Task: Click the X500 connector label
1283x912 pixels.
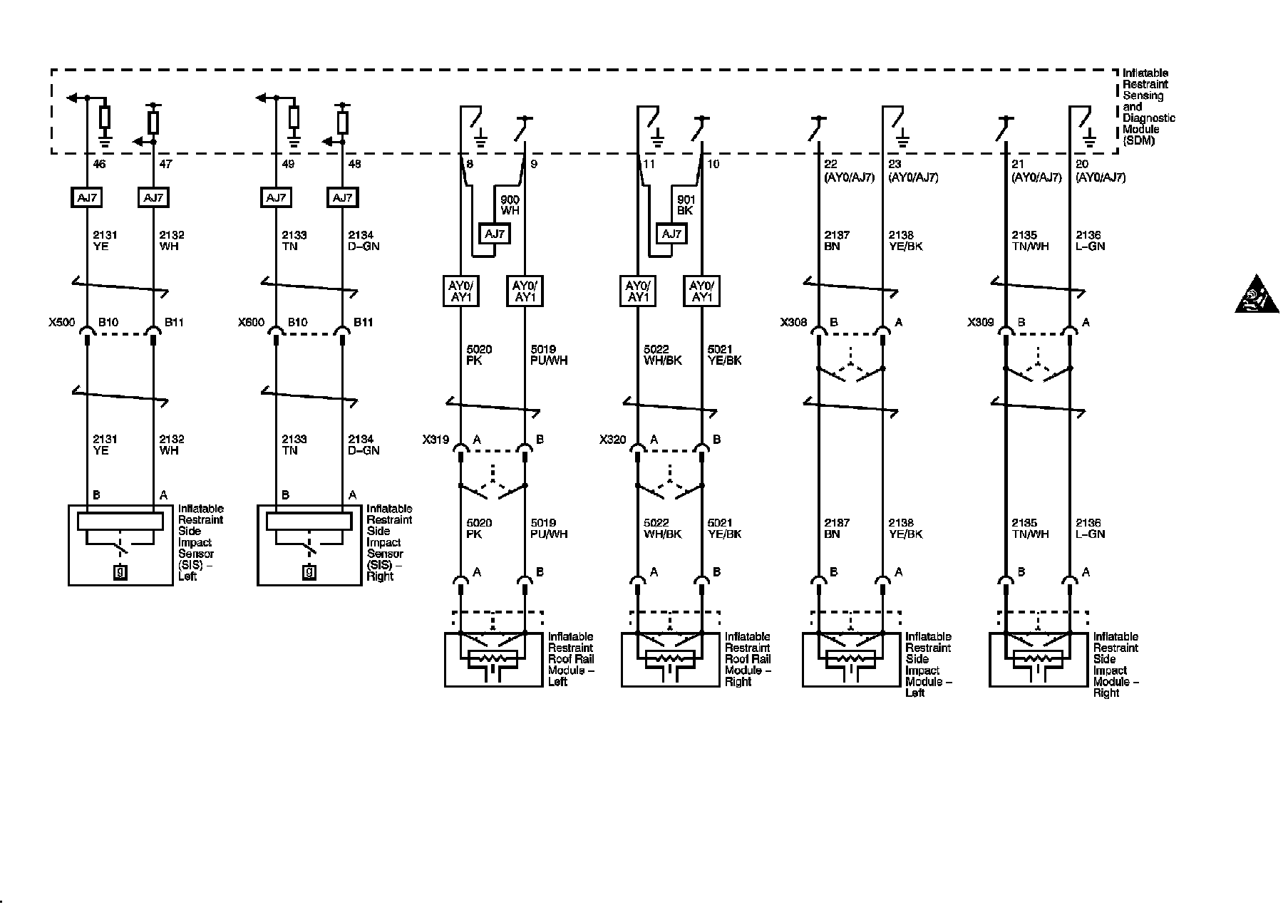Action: click(61, 322)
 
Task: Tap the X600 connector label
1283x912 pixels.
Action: click(251, 322)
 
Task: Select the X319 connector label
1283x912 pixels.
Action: click(435, 440)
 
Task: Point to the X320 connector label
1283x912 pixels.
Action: click(612, 440)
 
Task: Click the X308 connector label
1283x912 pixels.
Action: click(793, 322)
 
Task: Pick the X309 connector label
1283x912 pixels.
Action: click(980, 322)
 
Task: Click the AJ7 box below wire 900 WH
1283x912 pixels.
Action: click(495, 234)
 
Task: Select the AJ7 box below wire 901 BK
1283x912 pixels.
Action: click(671, 234)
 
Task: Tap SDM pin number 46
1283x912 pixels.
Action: click(99, 165)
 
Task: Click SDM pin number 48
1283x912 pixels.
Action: click(354, 165)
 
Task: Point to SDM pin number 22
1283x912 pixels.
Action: click(830, 165)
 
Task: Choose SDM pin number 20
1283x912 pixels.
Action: click(1082, 165)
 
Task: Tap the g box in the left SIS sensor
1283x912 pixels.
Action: click(120, 571)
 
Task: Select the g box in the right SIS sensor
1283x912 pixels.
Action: click(309, 571)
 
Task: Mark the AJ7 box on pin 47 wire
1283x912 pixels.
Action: click(153, 198)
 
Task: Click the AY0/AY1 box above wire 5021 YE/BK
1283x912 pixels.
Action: click(702, 291)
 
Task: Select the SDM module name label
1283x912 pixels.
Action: click(1148, 107)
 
